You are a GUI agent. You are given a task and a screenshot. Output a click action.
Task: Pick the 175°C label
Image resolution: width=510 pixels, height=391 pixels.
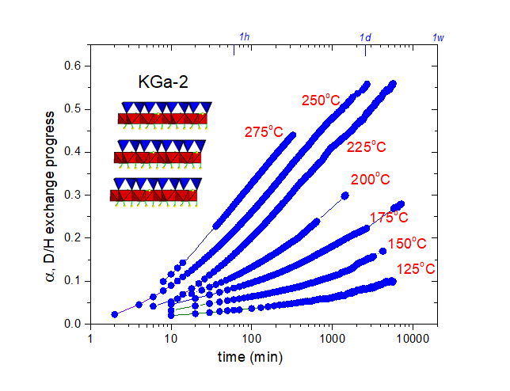tap(389, 218)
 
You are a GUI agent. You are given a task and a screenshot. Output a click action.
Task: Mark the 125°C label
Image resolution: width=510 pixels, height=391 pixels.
tap(417, 269)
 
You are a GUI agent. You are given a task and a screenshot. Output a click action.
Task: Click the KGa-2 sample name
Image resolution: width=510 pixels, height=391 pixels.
tap(162, 83)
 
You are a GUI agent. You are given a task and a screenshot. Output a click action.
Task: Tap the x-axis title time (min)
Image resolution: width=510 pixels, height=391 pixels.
tap(250, 357)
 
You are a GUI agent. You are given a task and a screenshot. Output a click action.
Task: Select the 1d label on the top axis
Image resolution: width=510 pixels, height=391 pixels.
tap(366, 37)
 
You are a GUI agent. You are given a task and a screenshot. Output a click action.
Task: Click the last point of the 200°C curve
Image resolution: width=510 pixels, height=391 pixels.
tap(344, 195)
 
